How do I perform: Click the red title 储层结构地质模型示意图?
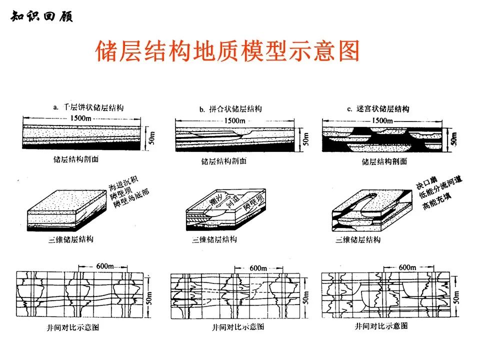[227, 51]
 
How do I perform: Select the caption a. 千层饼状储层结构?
[88, 107]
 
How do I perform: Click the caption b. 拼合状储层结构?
[230, 109]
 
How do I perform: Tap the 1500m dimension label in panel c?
[382, 121]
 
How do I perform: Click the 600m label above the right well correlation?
[407, 267]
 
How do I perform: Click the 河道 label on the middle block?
[232, 200]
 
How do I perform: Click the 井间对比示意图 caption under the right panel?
[381, 326]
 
